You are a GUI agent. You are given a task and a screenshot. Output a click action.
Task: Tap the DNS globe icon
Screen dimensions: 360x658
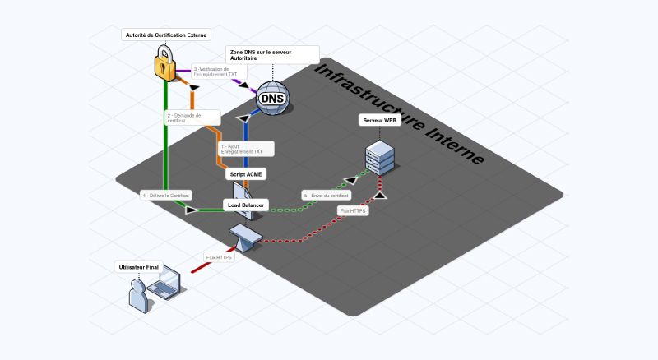point(272,99)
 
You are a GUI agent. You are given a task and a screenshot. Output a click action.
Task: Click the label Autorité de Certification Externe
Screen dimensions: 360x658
point(165,35)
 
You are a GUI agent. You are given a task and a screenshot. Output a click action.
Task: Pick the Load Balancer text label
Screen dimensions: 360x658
point(244,205)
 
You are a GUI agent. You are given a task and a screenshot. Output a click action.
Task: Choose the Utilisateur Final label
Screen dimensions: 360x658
point(139,267)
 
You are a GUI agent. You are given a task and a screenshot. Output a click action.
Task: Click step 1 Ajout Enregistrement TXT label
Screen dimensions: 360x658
point(245,149)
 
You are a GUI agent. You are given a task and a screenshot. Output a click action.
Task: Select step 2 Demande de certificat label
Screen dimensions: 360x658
point(192,118)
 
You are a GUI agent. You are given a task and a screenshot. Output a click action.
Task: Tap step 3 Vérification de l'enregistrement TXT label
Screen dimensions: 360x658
point(218,72)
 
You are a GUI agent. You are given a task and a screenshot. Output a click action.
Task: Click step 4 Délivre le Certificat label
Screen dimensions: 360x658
point(167,196)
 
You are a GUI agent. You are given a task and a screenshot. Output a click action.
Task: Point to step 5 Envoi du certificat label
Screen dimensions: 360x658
point(326,196)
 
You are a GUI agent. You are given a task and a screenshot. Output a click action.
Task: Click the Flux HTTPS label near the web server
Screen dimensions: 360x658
point(354,211)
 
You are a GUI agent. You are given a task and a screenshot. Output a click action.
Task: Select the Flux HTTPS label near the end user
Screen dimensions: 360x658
point(220,257)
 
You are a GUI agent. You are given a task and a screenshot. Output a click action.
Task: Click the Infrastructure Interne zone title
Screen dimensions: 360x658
point(399,113)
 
